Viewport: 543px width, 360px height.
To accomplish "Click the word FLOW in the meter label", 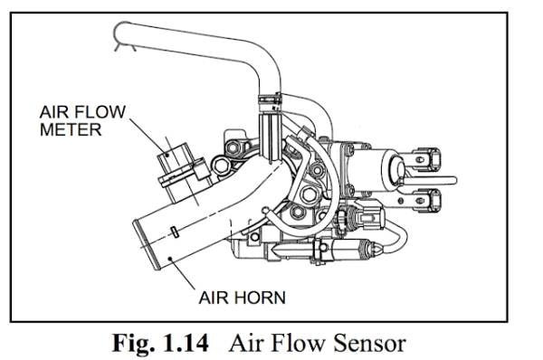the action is [x=100, y=111].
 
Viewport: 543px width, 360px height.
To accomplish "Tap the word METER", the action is [x=71, y=129].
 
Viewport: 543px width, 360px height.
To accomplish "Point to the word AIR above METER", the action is [x=54, y=111].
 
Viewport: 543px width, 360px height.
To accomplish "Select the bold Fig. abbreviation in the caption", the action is [x=134, y=344].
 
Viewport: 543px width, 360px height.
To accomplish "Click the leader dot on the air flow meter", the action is [x=167, y=155].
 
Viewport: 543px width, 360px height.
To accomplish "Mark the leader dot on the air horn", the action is [x=170, y=258].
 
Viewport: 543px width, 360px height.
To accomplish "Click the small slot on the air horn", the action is [x=176, y=232].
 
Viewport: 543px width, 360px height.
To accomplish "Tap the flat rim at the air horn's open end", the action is [x=147, y=245].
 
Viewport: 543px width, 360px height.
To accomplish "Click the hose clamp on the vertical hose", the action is [x=270, y=99].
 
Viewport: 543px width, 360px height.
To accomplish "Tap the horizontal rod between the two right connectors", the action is [x=429, y=180].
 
